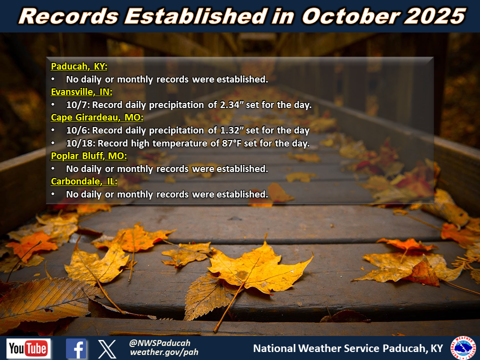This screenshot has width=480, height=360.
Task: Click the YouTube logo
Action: click(x=28, y=348)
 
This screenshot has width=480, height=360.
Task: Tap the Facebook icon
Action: click(x=76, y=348)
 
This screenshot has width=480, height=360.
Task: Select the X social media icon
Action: click(x=107, y=348)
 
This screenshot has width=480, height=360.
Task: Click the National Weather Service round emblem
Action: click(x=463, y=348)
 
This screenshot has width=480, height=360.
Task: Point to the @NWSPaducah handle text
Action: click(x=159, y=343)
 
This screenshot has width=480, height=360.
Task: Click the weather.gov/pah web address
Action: click(x=164, y=352)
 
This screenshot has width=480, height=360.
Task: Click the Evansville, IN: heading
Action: click(x=81, y=92)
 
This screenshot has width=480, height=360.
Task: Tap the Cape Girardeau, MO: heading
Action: click(x=97, y=117)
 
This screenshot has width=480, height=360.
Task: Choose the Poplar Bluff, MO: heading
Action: click(x=89, y=156)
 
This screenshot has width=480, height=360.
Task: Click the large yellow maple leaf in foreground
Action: click(x=260, y=270)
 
